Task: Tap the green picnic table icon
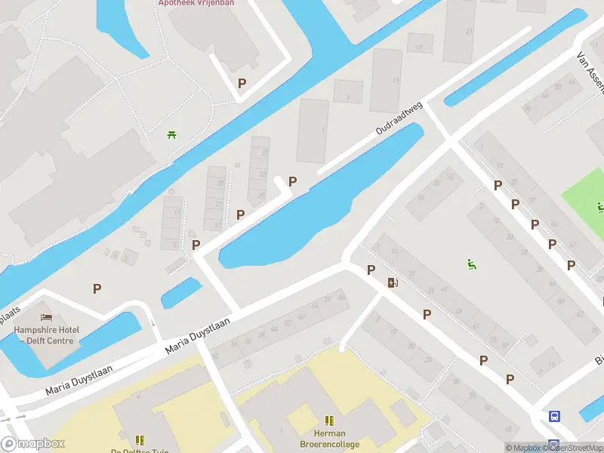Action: point(172,135)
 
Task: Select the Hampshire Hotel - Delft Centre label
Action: point(46,334)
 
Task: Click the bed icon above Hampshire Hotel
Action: point(46,316)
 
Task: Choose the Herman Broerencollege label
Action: point(329,439)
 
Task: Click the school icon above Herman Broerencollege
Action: point(329,421)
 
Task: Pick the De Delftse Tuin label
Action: point(140,451)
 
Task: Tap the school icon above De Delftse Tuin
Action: point(140,439)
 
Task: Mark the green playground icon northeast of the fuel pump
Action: point(472,263)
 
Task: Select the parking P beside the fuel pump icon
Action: point(371,270)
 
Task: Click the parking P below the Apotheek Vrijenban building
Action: point(242,84)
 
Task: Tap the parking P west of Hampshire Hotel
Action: point(97,288)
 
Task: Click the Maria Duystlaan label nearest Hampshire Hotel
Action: point(79,380)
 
